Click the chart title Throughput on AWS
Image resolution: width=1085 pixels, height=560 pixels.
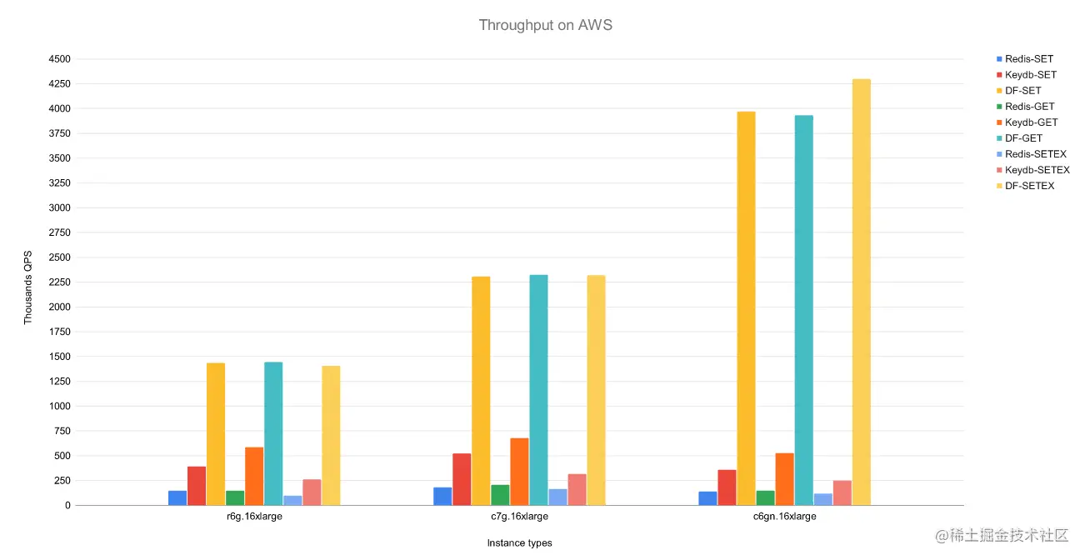pyautogui.click(x=545, y=25)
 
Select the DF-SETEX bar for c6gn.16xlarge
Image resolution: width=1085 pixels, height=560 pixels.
pyautogui.click(x=861, y=292)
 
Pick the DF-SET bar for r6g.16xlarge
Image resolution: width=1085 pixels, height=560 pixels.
pyautogui.click(x=216, y=433)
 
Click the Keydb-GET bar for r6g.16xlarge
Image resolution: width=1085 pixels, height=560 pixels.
pyautogui.click(x=254, y=476)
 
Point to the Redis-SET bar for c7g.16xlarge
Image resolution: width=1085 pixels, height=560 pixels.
pyautogui.click(x=442, y=496)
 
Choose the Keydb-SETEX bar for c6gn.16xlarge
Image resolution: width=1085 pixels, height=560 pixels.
pyautogui.click(x=842, y=492)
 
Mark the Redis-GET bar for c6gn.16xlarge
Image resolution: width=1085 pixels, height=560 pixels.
pyautogui.click(x=765, y=497)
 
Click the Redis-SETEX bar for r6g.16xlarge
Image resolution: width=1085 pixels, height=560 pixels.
pyautogui.click(x=292, y=500)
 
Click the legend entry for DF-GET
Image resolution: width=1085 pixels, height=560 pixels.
pyautogui.click(x=1023, y=138)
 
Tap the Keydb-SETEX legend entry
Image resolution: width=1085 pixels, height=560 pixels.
pyautogui.click(x=1037, y=170)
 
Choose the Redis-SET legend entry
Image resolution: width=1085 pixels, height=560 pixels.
pyautogui.click(x=1028, y=59)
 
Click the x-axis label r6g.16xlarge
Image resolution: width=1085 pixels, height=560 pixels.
pyautogui.click(x=253, y=517)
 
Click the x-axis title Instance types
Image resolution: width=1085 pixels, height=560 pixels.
pyautogui.click(x=519, y=543)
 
